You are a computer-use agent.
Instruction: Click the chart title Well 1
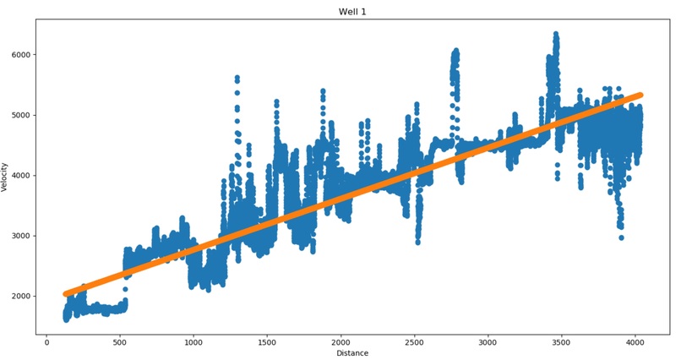click(352, 12)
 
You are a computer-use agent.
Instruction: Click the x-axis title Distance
click(352, 353)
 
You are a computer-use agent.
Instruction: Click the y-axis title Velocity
click(4, 177)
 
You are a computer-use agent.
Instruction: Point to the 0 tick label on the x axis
click(46, 342)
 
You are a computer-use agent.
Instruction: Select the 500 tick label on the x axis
click(120, 342)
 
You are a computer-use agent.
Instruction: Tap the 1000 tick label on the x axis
click(193, 342)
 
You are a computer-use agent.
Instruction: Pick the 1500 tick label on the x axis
click(267, 342)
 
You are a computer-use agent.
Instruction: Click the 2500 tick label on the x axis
click(414, 342)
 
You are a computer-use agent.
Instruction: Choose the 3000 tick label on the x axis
click(488, 342)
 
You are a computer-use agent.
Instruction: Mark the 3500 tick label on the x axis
click(561, 342)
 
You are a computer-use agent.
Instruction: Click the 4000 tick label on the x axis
click(635, 342)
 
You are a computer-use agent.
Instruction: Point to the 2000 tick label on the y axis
click(22, 296)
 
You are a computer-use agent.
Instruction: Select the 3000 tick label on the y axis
click(22, 236)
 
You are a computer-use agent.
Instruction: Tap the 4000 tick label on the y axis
click(22, 176)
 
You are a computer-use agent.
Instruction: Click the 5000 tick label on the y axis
click(22, 115)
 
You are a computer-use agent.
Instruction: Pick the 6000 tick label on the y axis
click(22, 55)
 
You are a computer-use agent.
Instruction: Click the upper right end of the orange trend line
click(640, 95)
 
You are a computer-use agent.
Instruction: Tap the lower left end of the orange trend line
click(66, 294)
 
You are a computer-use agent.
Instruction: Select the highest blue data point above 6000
click(555, 34)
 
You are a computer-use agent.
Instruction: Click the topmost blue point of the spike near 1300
click(237, 78)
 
